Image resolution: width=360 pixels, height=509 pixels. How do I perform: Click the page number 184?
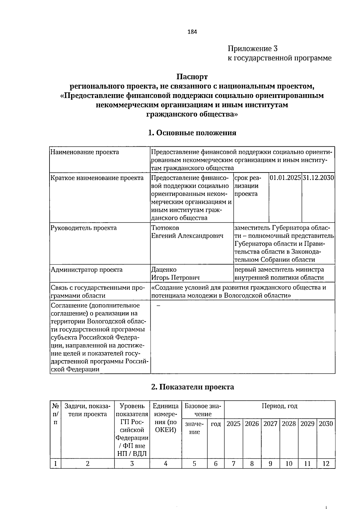(x=192, y=32)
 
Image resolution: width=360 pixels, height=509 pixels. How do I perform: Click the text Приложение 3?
(x=253, y=48)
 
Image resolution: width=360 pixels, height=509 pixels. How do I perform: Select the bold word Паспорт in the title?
(x=192, y=77)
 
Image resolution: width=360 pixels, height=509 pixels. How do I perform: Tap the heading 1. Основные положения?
(x=192, y=133)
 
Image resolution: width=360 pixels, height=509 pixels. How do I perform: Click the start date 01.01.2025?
(x=285, y=178)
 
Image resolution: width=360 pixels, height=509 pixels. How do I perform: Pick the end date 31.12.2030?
(x=318, y=178)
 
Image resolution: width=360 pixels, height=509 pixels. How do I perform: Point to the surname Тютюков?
(x=165, y=228)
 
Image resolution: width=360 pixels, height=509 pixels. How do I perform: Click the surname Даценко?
(x=164, y=269)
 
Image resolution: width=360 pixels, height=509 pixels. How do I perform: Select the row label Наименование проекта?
(x=85, y=152)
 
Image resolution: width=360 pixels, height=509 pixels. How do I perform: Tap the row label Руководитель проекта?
(x=84, y=228)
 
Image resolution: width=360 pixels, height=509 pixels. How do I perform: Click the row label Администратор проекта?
(x=87, y=269)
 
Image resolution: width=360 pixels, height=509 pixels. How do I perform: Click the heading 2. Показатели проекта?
(x=192, y=387)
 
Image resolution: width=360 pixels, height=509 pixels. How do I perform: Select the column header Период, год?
(x=279, y=406)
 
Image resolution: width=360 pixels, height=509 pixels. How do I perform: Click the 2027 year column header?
(x=270, y=424)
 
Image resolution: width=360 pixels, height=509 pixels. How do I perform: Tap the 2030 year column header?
(x=326, y=424)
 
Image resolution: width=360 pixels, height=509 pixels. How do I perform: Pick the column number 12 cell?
(x=326, y=464)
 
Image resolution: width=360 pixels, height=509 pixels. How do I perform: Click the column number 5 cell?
(x=194, y=464)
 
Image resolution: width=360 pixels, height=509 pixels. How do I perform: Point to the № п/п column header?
(x=55, y=414)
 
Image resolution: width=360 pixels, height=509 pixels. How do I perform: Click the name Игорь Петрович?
(x=175, y=277)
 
